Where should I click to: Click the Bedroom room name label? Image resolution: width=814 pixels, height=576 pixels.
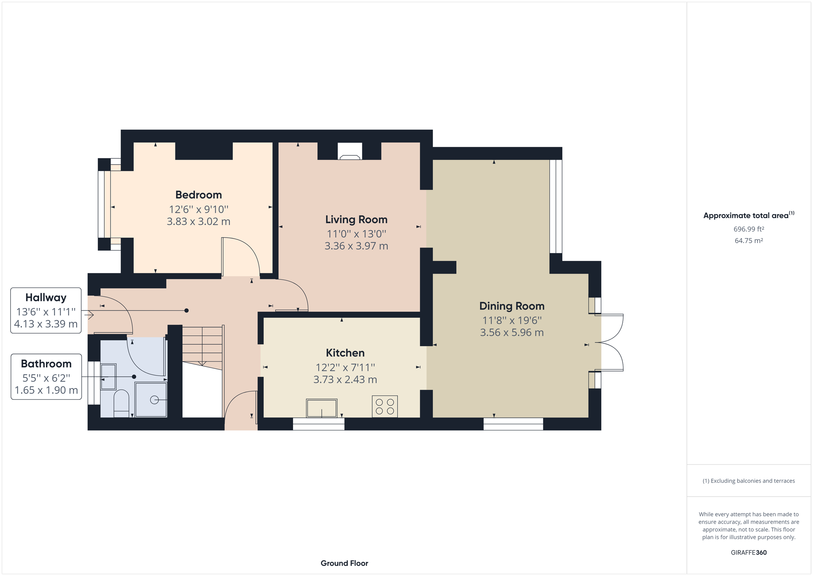tap(198, 195)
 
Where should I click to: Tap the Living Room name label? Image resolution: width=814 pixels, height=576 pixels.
tap(356, 219)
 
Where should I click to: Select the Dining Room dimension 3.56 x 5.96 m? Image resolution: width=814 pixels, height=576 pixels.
tap(511, 332)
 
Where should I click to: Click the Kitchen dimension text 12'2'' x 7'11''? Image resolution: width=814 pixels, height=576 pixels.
tap(345, 367)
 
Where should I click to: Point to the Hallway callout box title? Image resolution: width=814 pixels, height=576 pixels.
tap(46, 297)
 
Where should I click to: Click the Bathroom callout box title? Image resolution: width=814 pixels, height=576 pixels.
tap(46, 364)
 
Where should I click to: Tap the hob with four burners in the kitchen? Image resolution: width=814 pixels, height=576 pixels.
tap(385, 406)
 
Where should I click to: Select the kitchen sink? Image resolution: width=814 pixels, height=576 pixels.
tap(322, 408)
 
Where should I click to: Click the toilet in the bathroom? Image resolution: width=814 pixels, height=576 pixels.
tap(121, 404)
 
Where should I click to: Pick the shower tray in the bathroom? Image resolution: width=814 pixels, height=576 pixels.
tap(151, 400)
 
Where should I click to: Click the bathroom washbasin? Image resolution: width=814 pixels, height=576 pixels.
tap(108, 376)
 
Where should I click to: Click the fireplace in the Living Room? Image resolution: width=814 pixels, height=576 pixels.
tap(350, 151)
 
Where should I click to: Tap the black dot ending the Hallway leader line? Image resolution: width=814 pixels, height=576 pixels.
tap(187, 311)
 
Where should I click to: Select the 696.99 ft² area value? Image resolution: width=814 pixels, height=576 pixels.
tap(749, 229)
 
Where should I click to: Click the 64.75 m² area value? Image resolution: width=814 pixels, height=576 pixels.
tap(749, 241)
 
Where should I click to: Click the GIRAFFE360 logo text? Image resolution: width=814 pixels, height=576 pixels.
tap(749, 553)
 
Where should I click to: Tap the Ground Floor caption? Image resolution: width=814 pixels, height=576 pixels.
tap(344, 563)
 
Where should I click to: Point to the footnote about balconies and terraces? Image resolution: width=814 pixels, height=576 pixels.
tap(749, 481)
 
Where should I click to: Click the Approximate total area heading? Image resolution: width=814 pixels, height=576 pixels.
tap(746, 216)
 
